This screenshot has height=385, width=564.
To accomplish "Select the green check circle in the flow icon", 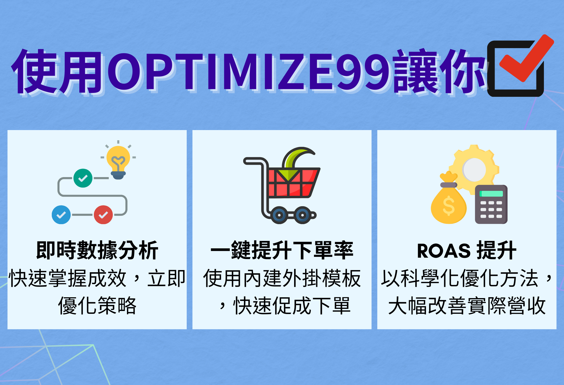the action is coord(83,178).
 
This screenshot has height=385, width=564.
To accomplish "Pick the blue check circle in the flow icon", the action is coord(61,215).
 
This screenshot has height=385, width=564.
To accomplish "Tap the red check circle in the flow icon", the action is coord(103,215).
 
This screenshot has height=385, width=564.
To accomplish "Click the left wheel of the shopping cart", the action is coord(279,215).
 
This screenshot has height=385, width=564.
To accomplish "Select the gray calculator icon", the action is coord(491,204).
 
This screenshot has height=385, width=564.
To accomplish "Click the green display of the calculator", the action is coord(491,194).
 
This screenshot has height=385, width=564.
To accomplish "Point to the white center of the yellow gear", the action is coord(474,170).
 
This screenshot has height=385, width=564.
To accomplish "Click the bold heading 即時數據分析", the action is coord(97,250).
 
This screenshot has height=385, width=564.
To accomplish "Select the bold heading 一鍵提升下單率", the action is coord(282,250).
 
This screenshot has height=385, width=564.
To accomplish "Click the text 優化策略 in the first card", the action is coord(97,306).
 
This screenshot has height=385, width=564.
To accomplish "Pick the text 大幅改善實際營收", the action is coord(467,306).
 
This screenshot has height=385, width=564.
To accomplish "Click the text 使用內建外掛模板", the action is coord(282,278).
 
